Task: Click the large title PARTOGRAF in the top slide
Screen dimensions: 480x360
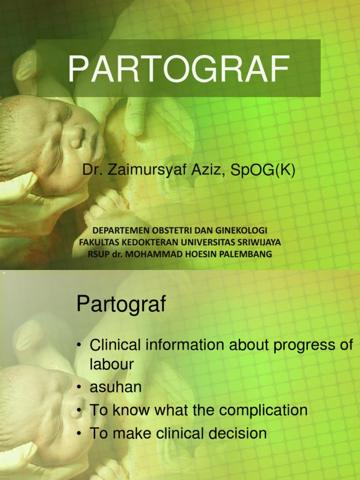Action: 178,69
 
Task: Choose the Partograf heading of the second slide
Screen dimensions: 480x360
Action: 121,305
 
